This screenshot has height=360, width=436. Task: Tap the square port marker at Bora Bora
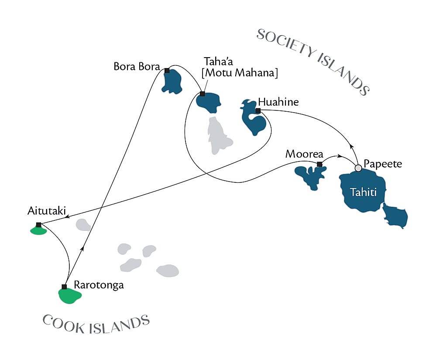pos(167,70)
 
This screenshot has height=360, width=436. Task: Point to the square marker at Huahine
pos(258,111)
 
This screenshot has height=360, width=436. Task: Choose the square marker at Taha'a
pos(203,94)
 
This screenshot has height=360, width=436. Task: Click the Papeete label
pos(383,164)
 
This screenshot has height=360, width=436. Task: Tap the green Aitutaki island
pos(38,230)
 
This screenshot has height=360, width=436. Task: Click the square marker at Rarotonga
pos(64,287)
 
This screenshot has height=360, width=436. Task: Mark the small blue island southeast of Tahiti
pos(395,217)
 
